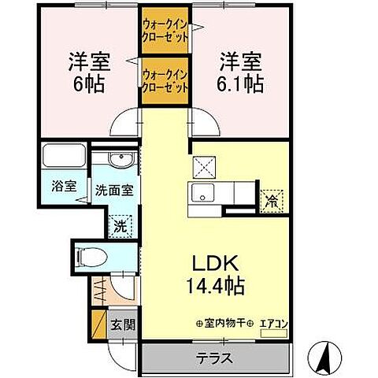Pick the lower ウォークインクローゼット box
click(165, 82)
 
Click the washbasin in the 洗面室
click(120, 161)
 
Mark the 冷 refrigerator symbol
click(271, 200)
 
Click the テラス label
click(215, 358)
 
